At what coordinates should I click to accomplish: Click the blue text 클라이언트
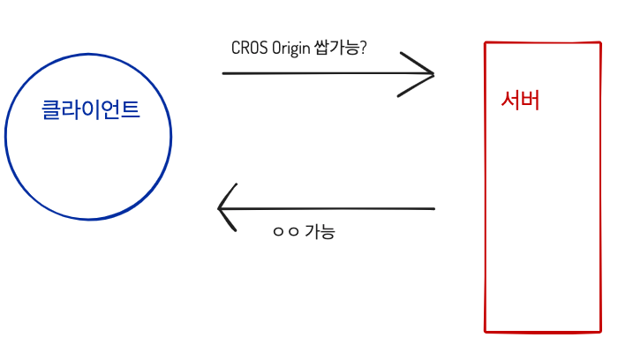91,110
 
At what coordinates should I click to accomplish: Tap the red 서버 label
520,101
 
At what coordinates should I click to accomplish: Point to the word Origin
291,49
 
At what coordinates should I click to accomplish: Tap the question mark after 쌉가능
363,48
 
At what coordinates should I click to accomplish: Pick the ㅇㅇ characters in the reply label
286,232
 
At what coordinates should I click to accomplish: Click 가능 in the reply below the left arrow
320,232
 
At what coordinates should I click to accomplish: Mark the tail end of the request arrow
224,73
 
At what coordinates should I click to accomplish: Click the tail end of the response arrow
433,209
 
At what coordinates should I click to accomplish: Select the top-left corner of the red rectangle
486,42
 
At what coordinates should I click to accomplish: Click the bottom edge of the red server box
543,332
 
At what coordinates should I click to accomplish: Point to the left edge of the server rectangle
486,185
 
